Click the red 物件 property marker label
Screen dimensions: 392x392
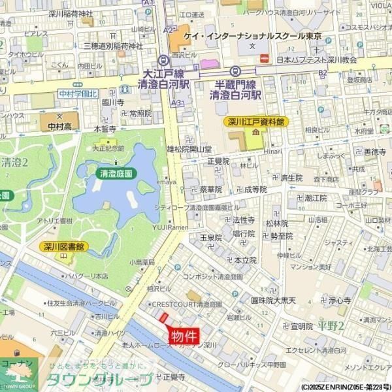184,336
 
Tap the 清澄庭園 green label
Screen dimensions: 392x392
116,174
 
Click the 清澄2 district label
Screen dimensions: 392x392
14,163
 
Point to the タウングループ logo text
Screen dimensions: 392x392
98,380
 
